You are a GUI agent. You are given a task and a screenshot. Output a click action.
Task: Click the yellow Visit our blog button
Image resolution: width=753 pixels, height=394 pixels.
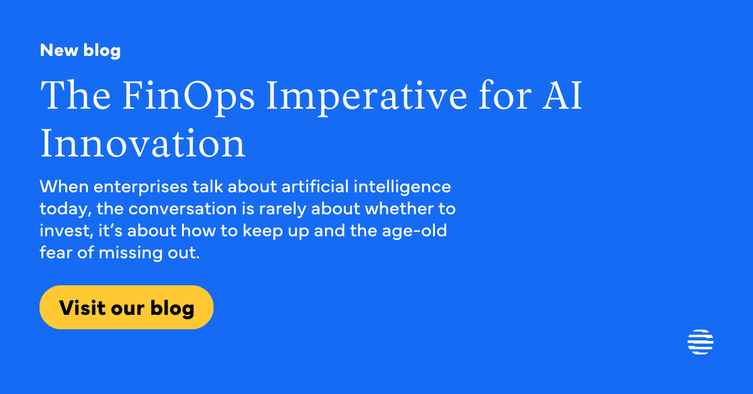tap(126, 307)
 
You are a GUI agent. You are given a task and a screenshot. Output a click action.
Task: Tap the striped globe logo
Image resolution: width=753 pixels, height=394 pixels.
tap(700, 342)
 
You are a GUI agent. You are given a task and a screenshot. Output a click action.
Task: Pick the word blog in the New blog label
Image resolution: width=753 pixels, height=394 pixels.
tap(102, 50)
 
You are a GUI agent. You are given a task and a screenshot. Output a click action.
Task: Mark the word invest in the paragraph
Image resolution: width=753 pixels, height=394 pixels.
tap(60, 231)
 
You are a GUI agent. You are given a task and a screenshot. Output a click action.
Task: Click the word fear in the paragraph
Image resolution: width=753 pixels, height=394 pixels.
tap(53, 253)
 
